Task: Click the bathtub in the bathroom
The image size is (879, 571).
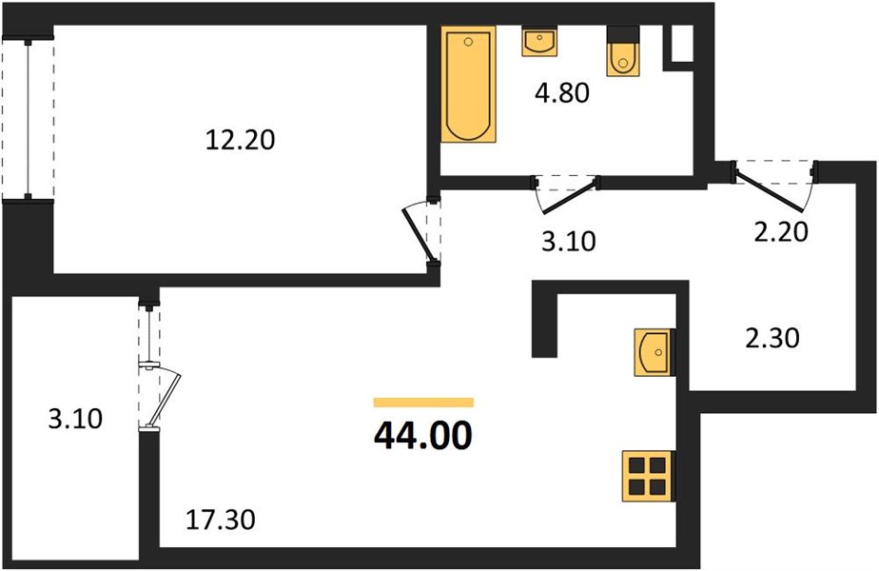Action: [468, 84]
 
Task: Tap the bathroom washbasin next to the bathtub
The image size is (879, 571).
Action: [539, 42]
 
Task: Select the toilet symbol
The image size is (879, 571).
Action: [622, 51]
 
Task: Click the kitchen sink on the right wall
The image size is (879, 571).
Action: [654, 352]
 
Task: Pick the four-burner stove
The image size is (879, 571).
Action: [648, 476]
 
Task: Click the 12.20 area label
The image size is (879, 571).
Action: [240, 140]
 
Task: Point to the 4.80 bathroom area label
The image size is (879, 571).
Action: [561, 92]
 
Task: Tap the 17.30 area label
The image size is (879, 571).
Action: [221, 520]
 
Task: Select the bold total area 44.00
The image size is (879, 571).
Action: [423, 436]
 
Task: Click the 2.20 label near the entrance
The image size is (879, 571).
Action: [781, 231]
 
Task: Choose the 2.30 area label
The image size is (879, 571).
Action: [772, 338]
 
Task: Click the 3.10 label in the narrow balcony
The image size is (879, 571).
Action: [75, 419]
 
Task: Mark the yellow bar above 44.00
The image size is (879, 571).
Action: [424, 403]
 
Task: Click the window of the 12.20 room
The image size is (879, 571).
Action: [28, 120]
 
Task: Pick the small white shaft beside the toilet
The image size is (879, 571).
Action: [681, 44]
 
